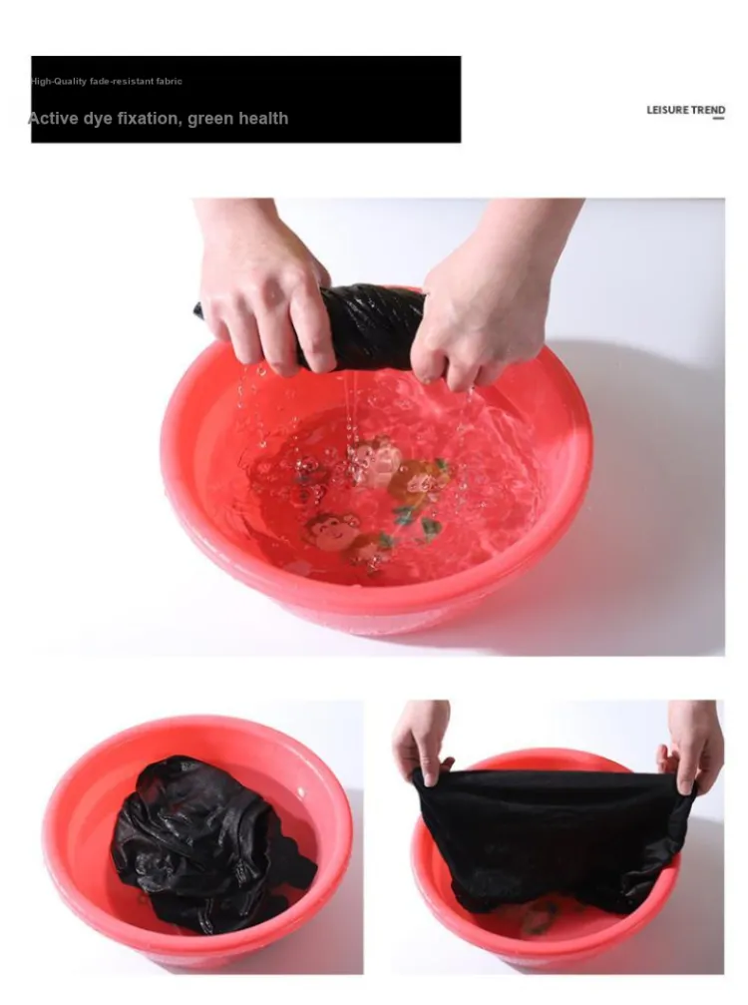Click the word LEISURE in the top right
pyautogui.click(x=666, y=110)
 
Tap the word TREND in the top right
pyautogui.click(x=708, y=110)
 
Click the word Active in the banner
pyautogui.click(x=53, y=118)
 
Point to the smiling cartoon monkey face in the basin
pyautogui.click(x=333, y=527)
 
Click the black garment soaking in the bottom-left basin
pyautogui.click(x=208, y=843)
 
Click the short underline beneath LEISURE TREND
pyautogui.click(x=719, y=119)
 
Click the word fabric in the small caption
pyautogui.click(x=170, y=82)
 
